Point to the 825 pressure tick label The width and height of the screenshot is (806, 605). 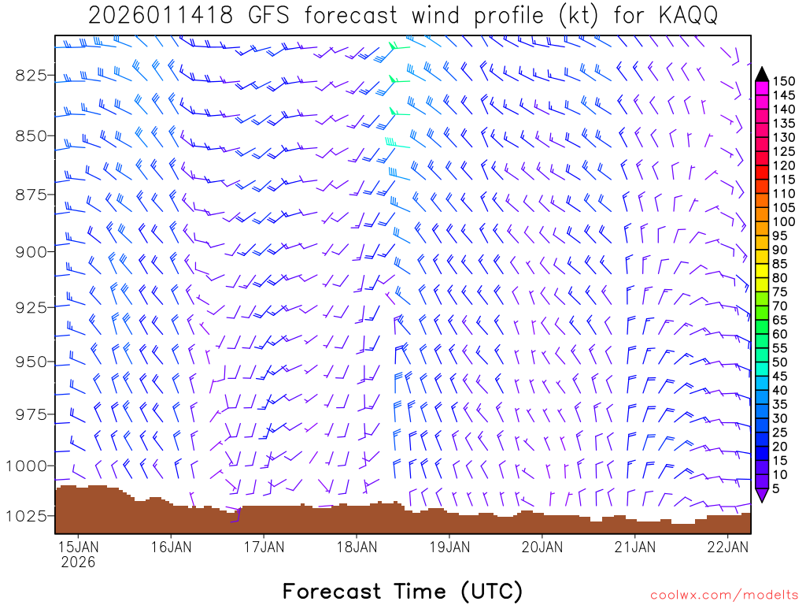pos(30,75)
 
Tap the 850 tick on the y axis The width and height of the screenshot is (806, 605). pos(30,135)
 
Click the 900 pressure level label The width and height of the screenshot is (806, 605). pos(30,251)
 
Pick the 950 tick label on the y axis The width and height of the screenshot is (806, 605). pos(30,362)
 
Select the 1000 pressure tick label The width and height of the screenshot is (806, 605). pos(26,466)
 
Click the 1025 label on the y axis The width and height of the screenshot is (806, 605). pos(26,515)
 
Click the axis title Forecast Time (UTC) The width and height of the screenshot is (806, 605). pos(402,591)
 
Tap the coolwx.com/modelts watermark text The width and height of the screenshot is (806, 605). pos(724,595)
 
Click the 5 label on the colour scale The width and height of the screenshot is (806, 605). pos(775,489)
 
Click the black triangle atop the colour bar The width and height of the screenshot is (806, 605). pos(762,73)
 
